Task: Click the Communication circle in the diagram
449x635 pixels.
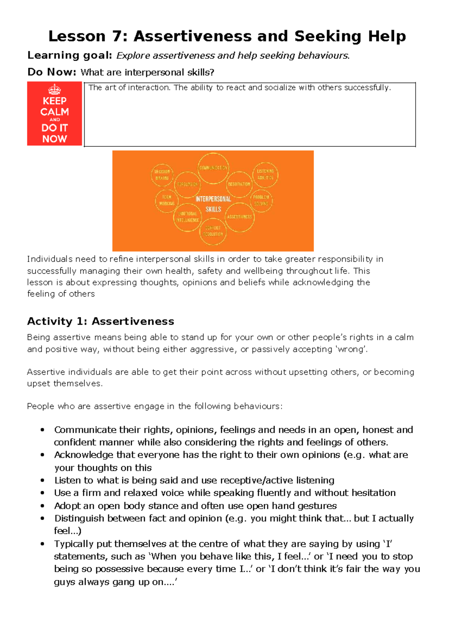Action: pyautogui.click(x=213, y=168)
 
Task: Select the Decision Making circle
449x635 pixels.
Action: pyautogui.click(x=162, y=175)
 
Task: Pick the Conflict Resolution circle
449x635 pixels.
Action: pyautogui.click(x=213, y=231)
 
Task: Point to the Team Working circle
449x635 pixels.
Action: pyautogui.click(x=167, y=200)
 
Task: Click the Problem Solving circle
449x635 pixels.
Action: pyautogui.click(x=261, y=200)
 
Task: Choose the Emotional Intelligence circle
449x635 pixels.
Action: pyautogui.click(x=187, y=217)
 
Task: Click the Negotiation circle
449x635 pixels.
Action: pyautogui.click(x=239, y=184)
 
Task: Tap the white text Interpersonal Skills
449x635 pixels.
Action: pyautogui.click(x=213, y=204)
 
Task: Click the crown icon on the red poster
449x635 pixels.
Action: pyautogui.click(x=55, y=90)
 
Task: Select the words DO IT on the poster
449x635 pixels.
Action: pyautogui.click(x=55, y=128)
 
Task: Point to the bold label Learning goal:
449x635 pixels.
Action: pyautogui.click(x=70, y=55)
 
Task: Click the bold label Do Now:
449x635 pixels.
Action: pyautogui.click(x=52, y=72)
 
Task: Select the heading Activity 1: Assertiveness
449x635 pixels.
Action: pyautogui.click(x=101, y=321)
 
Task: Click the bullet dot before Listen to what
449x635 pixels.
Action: pyautogui.click(x=43, y=480)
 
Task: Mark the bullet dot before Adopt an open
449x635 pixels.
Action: pyautogui.click(x=43, y=506)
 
